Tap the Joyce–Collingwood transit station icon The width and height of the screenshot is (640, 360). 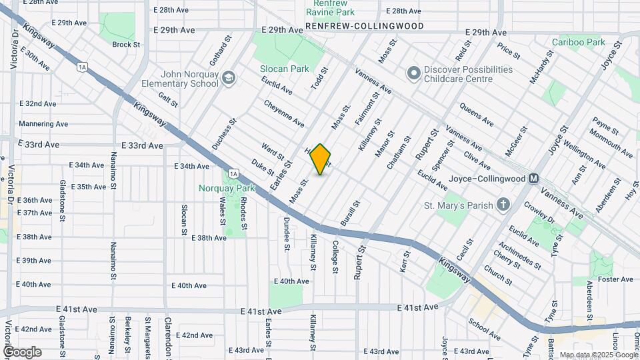[533, 179]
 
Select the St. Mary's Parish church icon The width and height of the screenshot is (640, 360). [503, 205]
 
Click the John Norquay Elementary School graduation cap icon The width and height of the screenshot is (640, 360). [229, 78]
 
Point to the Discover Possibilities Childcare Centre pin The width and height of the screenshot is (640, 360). [413, 73]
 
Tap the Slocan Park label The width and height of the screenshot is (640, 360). [285, 69]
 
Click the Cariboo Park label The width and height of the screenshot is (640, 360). [578, 42]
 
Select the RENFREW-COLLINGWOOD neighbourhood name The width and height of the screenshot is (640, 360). [365, 26]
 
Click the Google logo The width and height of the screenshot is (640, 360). [22, 351]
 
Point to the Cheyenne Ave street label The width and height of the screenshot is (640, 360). [284, 113]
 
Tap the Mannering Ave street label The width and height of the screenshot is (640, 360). [43, 124]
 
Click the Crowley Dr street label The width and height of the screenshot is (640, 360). [539, 213]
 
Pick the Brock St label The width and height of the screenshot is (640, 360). [126, 45]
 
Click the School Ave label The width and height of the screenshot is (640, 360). [485, 329]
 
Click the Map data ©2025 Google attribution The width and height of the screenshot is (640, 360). [598, 355]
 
